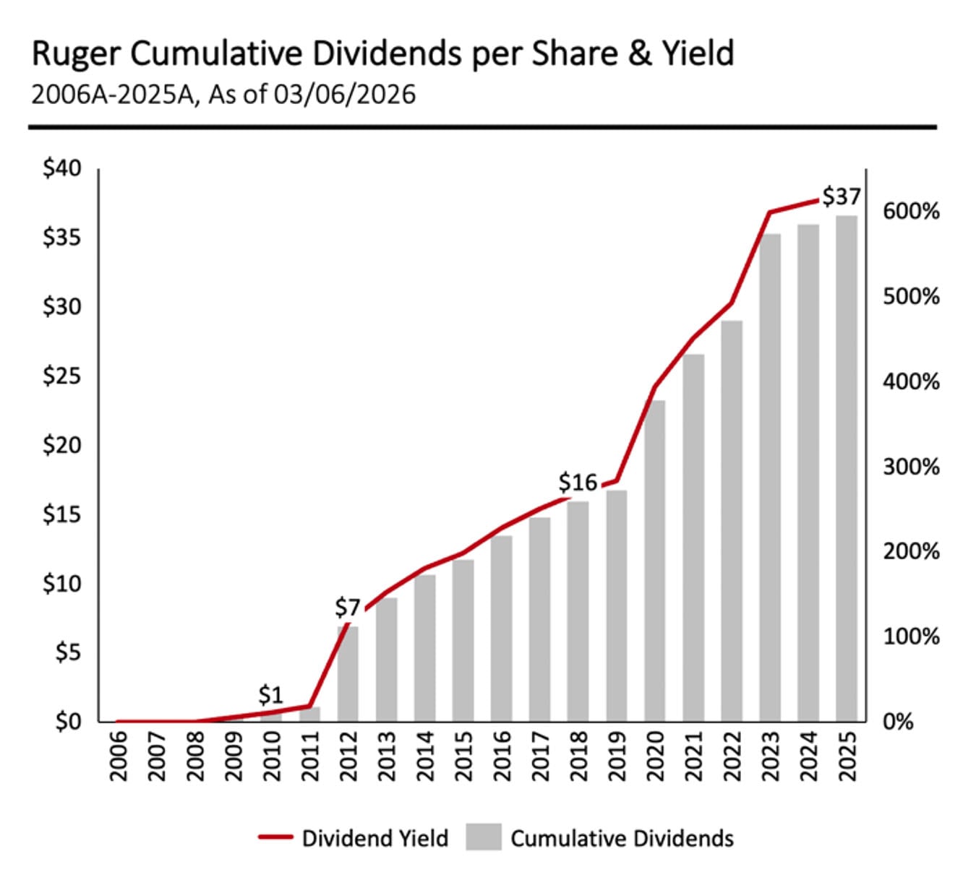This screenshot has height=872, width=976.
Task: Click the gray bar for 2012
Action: click(x=348, y=673)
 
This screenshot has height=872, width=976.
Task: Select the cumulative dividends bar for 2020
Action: click(x=655, y=561)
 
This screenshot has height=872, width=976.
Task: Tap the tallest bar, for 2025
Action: click(x=847, y=468)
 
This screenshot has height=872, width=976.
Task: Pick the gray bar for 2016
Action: click(x=501, y=628)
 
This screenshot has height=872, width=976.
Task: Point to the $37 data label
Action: click(x=842, y=197)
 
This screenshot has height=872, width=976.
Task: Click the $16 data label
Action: click(x=578, y=482)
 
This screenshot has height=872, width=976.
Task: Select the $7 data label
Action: click(x=347, y=608)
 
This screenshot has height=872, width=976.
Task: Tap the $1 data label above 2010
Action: click(x=270, y=695)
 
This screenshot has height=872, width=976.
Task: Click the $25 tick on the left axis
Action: click(x=61, y=376)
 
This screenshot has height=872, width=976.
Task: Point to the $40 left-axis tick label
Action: click(x=61, y=168)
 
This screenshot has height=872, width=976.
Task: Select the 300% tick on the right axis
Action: click(x=911, y=466)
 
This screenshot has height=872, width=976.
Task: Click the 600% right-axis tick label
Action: click(x=911, y=212)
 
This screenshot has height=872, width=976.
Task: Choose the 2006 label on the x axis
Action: click(x=118, y=756)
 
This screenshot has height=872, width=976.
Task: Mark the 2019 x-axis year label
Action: click(x=617, y=756)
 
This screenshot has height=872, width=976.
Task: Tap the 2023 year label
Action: click(x=771, y=756)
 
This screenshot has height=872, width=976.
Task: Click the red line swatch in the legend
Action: click(x=275, y=837)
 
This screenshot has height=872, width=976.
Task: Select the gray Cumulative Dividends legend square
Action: click(x=484, y=837)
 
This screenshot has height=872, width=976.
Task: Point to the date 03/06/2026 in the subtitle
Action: click(x=344, y=95)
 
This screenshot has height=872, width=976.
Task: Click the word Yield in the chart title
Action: click(x=695, y=54)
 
